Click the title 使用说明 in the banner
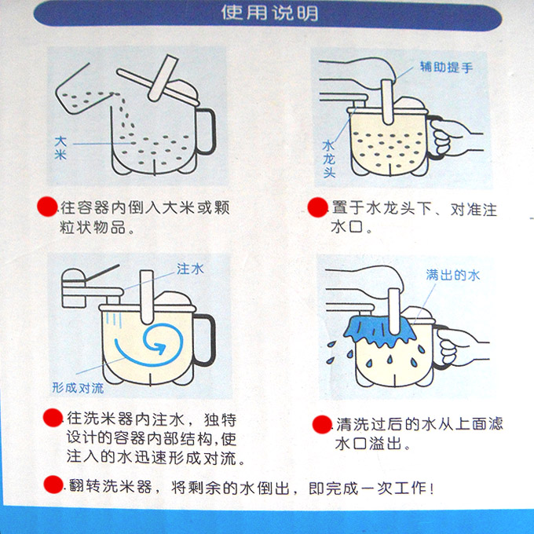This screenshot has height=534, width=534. pos(269,13)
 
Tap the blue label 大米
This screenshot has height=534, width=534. pos(60,148)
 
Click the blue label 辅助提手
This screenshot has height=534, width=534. pos(446,67)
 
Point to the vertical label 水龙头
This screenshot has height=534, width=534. pos(329,159)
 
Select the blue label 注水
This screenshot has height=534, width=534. pos(190,269)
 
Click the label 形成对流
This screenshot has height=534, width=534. pos(78,388)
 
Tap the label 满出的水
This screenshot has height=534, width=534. pos(453,275)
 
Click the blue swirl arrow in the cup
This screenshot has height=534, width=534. pos(150,344)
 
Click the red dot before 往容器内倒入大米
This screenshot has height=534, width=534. pos(47,207)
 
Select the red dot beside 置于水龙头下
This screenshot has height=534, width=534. pos(317,207)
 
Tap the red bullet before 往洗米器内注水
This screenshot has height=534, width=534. pos(53,418)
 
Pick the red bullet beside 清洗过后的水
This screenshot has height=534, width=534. pos(322,424)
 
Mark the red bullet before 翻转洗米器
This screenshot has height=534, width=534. pos(54,485)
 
